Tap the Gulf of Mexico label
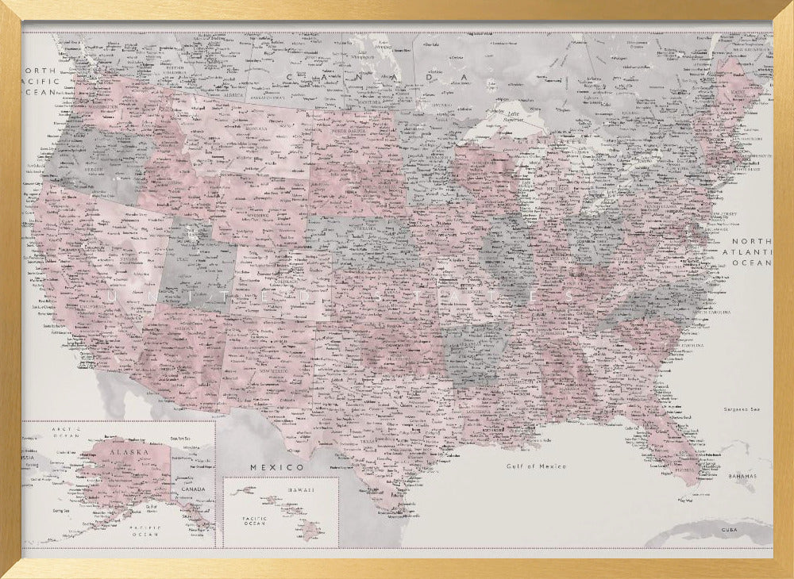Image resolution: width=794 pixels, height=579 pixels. click(536, 466)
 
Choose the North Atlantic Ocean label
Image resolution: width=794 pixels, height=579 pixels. click(750, 251)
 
